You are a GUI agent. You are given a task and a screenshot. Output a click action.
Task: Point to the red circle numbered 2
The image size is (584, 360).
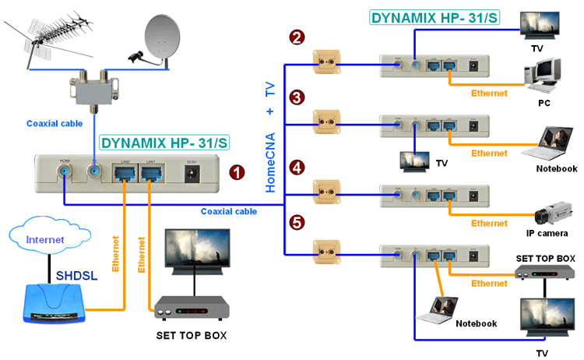(x=296, y=37)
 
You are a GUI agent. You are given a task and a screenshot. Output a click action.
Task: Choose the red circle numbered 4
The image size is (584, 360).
(x=296, y=165)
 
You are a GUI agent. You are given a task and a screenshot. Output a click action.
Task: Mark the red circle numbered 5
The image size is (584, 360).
(x=296, y=223)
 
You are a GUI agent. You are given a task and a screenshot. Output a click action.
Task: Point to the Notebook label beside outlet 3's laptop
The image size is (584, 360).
(x=556, y=168)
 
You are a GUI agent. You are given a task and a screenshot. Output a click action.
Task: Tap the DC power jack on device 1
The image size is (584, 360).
(x=188, y=174)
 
